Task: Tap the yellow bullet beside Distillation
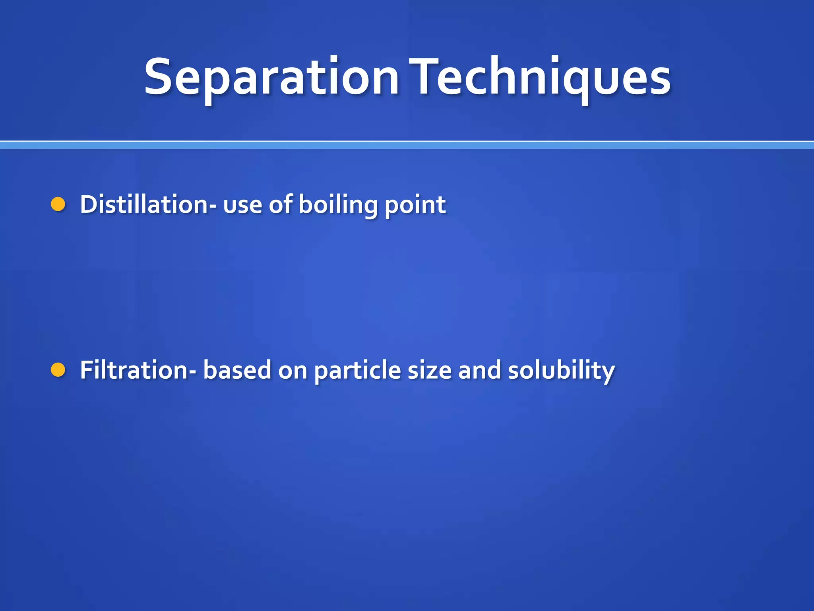point(58,204)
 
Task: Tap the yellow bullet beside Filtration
point(58,370)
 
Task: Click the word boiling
point(338,205)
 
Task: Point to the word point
point(415,205)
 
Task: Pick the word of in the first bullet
point(281,204)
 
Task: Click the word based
point(237,370)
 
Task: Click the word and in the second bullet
point(479,370)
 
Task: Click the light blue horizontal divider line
point(407,146)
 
